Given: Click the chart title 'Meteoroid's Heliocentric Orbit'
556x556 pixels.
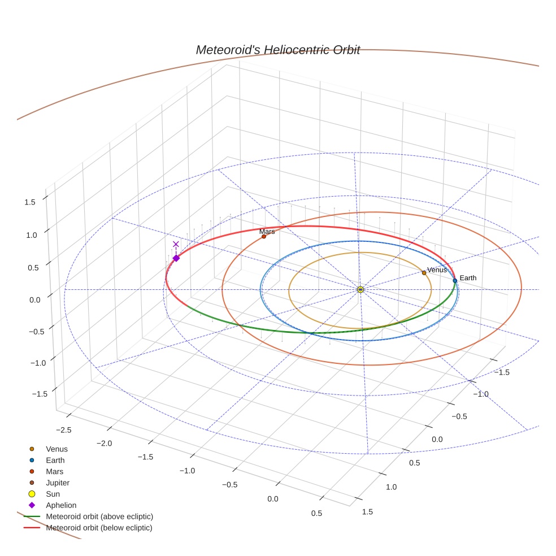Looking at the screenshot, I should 277,50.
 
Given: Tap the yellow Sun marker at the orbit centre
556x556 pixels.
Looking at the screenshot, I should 360,289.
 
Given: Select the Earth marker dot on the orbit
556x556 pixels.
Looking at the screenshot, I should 455,280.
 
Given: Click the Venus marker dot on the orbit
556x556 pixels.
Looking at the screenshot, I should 424,272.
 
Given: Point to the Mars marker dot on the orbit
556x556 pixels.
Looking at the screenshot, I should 264,236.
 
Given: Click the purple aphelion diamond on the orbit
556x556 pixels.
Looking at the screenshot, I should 176,258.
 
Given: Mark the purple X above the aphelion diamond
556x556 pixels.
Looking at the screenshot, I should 176,244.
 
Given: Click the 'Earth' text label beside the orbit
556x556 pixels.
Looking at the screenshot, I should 468,278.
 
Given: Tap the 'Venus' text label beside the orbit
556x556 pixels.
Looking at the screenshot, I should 437,270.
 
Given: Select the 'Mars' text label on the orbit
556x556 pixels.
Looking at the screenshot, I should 267,232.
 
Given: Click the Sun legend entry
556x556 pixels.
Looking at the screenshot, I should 53,494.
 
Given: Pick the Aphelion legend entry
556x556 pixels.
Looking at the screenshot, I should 60,505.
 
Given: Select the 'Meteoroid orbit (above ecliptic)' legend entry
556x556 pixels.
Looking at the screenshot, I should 99,516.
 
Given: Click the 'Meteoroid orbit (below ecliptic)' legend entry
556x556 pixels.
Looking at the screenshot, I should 99,528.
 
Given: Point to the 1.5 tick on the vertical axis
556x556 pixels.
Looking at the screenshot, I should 30,202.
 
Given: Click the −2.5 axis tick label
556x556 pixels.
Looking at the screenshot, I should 63,430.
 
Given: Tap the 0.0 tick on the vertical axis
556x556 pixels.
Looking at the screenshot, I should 35,299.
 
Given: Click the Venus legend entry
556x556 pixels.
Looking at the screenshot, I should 57,449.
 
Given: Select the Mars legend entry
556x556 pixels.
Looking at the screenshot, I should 54,471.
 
